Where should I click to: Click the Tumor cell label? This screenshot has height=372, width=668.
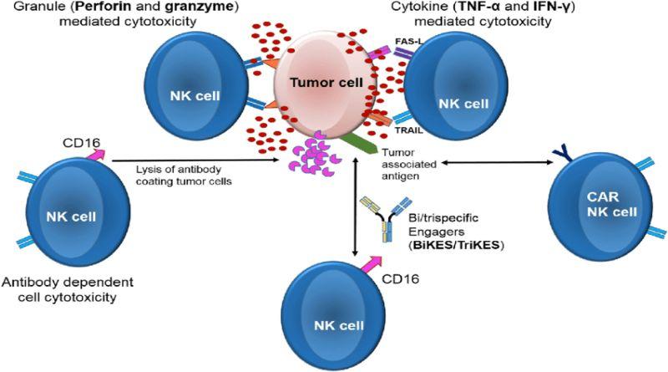(x=326, y=82)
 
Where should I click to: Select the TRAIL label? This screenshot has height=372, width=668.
(x=407, y=130)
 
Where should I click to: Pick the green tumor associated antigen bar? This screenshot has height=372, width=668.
(x=357, y=144)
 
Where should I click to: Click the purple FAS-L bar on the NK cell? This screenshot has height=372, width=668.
(x=402, y=53)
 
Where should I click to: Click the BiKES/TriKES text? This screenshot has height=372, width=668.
(x=456, y=245)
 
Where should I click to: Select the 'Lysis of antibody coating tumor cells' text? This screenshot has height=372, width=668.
(x=184, y=175)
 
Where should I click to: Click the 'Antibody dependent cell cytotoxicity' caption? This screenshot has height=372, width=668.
(x=68, y=288)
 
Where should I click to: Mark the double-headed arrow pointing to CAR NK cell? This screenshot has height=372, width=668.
(x=497, y=162)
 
